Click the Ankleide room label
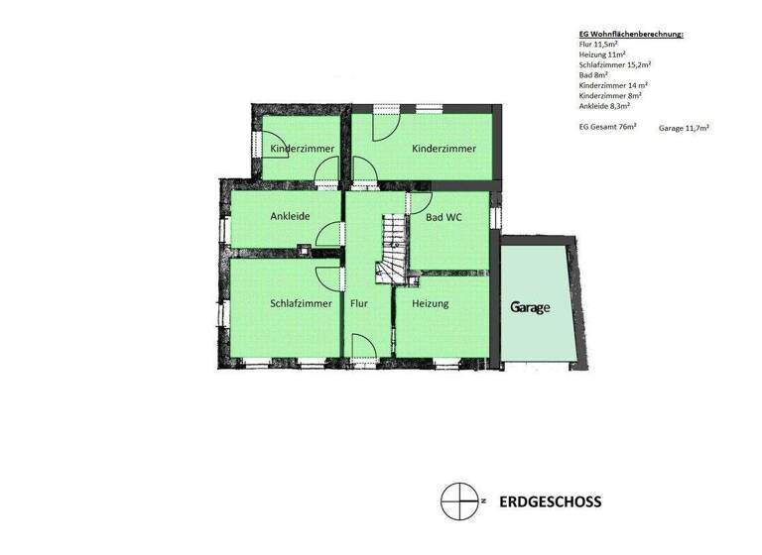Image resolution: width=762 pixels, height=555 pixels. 291,216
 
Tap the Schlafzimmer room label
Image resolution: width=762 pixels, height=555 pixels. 300,303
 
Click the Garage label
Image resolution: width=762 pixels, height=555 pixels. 530,307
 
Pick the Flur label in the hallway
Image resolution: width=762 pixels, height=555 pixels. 359,303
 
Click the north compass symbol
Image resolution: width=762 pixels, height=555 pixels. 457,500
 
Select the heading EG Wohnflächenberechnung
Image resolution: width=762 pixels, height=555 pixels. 630,35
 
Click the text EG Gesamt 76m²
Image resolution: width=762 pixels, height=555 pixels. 607,127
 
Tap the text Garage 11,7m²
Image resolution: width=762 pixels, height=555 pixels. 683,128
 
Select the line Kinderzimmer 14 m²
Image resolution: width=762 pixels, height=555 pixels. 613,84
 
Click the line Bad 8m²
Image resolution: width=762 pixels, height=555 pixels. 593,74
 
